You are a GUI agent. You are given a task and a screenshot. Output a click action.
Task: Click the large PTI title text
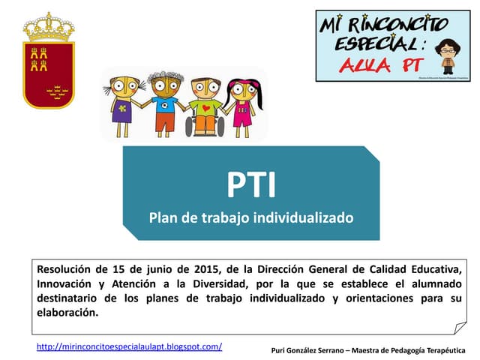(251, 185)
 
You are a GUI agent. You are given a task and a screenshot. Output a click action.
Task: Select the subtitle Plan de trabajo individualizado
(250, 219)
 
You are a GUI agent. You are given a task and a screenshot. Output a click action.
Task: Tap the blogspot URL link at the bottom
(129, 346)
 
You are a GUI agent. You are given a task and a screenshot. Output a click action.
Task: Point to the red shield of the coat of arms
(49, 75)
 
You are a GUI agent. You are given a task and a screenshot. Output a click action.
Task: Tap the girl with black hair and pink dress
(242, 105)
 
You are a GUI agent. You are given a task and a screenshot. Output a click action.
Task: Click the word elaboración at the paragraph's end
(67, 312)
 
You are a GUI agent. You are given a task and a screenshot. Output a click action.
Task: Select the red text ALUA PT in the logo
(379, 65)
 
